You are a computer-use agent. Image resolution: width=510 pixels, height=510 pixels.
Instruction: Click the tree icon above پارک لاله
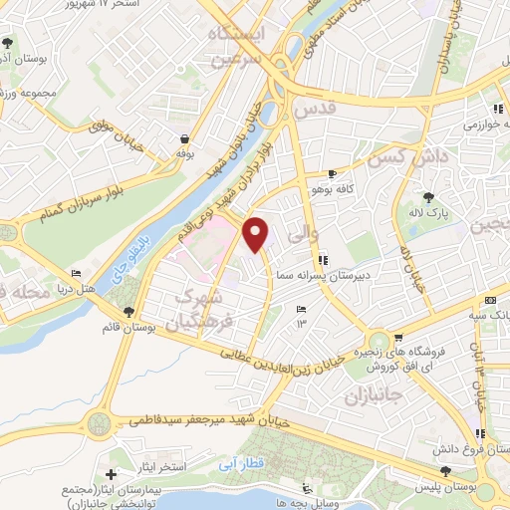pos(429,196)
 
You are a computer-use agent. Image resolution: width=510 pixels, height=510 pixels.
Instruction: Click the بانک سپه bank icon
pos(490,300)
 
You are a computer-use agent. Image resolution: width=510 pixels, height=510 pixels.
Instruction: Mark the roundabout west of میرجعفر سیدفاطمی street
pos(99,422)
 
